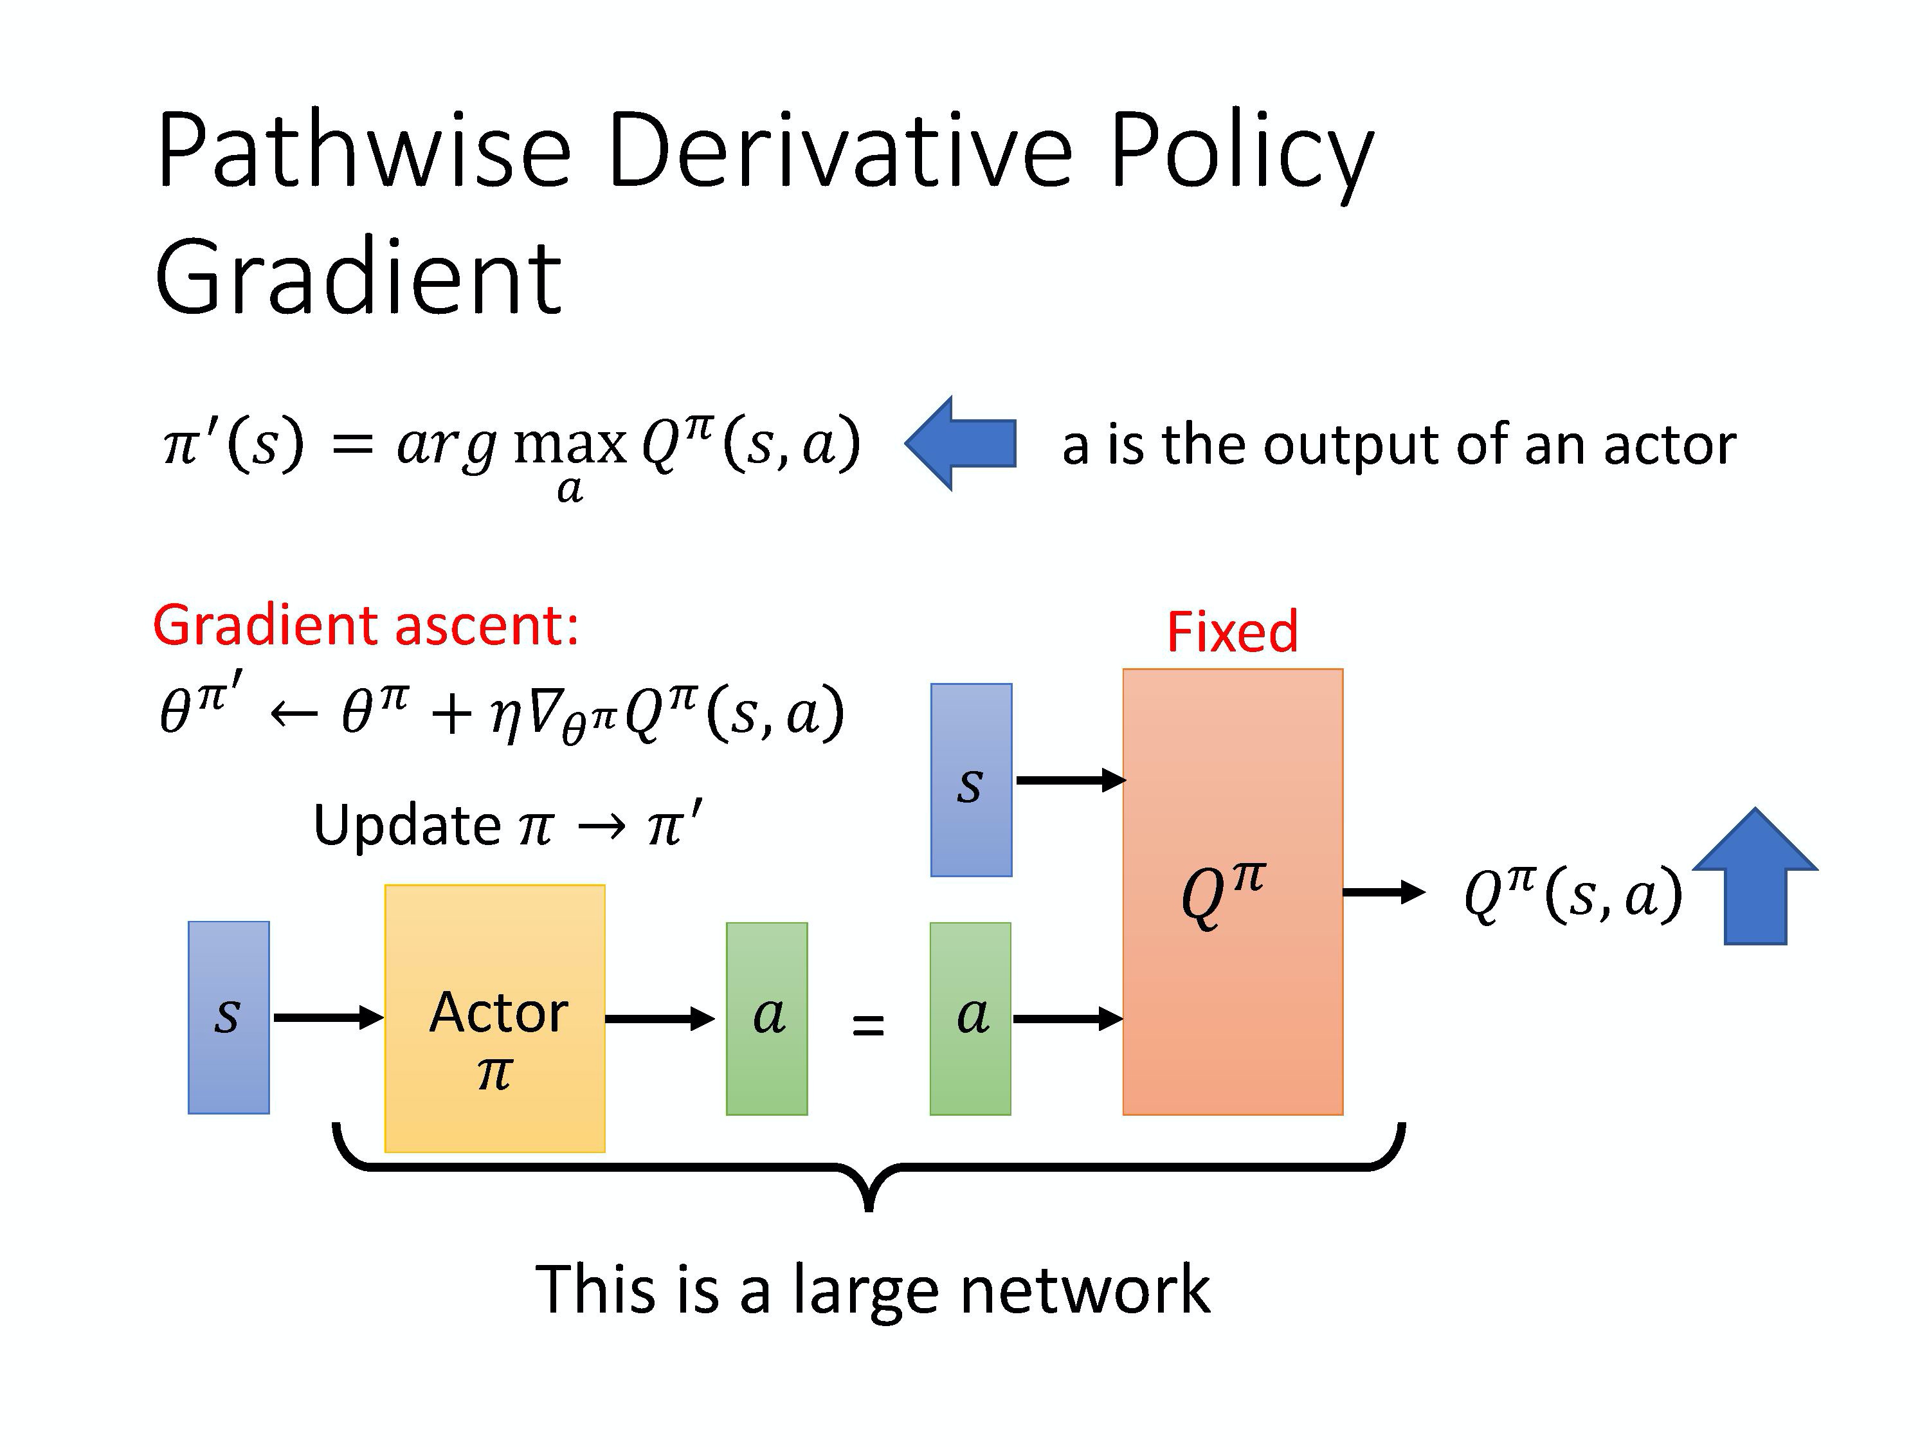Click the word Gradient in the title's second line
point(358,277)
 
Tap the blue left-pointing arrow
point(961,443)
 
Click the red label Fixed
point(1231,632)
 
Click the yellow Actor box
point(494,1018)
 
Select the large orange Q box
point(1232,891)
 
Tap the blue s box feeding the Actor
point(228,1017)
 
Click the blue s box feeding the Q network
point(970,779)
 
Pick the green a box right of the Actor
point(766,1018)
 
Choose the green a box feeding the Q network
point(970,1018)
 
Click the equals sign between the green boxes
point(867,1026)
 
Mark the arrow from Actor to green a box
point(659,1018)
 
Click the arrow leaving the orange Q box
point(1383,891)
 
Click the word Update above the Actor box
point(406,824)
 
